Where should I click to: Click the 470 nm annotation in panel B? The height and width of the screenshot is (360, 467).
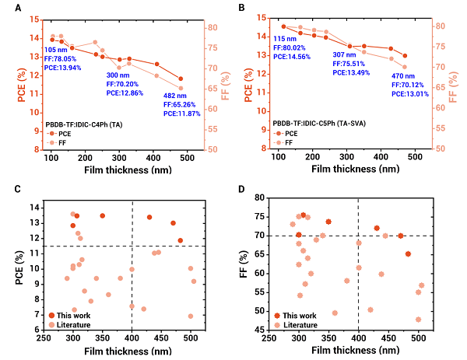click(x=382, y=76)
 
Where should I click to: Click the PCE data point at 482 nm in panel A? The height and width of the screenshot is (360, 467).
click(x=181, y=79)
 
